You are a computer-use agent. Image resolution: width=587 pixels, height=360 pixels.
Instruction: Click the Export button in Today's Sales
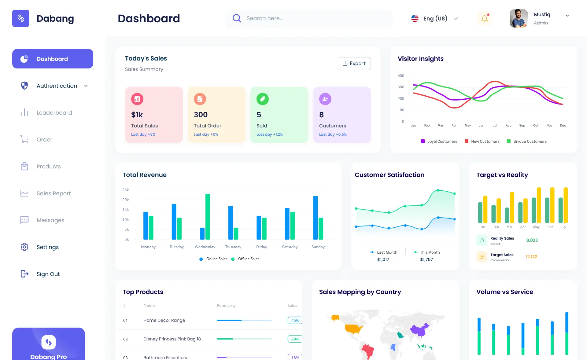coord(354,64)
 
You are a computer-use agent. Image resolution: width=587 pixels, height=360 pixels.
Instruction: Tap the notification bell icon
coord(485,18)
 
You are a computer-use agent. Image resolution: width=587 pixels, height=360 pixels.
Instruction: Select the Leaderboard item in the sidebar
coord(54,113)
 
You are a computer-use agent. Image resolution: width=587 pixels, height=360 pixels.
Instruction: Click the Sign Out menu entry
coord(48,274)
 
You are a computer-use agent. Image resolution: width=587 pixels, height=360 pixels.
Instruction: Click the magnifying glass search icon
coord(237,18)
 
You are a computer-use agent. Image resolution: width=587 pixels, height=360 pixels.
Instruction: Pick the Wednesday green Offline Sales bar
coord(208,216)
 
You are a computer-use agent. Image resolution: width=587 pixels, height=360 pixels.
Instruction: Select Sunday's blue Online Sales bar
coord(315,218)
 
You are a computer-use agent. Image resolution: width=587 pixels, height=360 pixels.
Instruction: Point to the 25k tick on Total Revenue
coord(125,190)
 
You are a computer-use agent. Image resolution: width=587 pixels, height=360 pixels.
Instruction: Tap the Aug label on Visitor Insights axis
coord(508,126)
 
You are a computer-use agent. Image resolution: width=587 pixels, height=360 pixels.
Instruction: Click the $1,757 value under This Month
coord(426,259)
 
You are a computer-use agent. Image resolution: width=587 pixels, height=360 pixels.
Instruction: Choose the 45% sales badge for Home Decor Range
coord(295,320)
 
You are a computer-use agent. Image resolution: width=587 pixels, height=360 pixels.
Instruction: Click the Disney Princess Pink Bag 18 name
coord(172,339)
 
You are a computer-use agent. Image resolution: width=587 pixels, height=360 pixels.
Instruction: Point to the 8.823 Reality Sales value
coord(532,240)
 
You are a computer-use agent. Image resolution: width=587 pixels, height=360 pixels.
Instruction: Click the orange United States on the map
coord(353,329)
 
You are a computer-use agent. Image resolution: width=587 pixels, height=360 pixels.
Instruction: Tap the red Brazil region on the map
coord(368,350)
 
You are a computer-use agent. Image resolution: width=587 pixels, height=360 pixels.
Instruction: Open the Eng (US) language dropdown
coord(435,18)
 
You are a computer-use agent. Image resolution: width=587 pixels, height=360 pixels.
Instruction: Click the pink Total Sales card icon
coord(137,99)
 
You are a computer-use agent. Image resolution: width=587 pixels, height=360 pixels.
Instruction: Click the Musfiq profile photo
coord(519,18)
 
